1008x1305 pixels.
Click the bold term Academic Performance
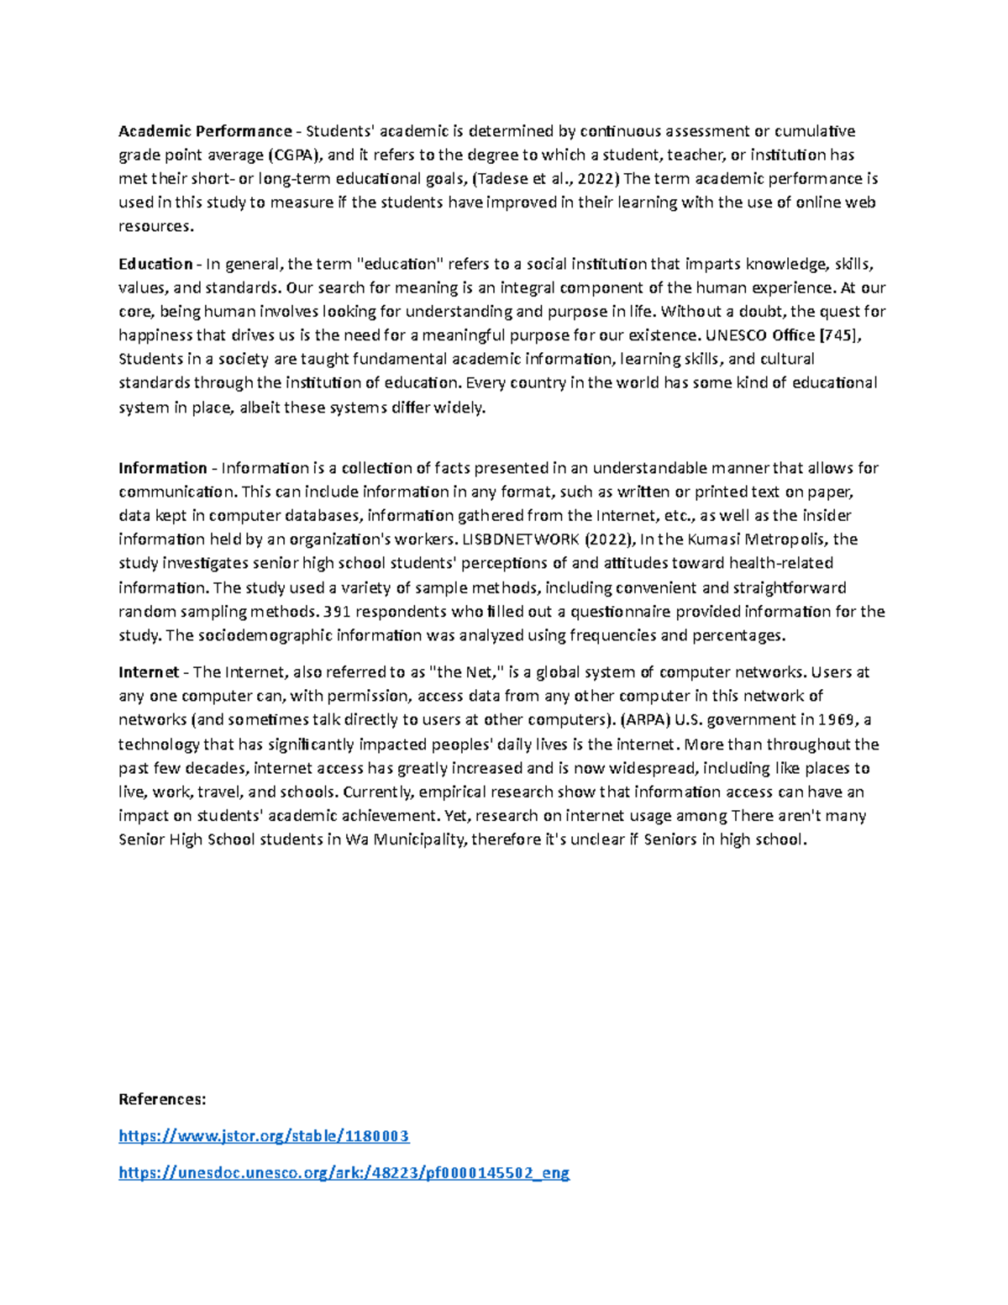[x=205, y=131]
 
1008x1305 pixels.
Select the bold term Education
[x=155, y=264]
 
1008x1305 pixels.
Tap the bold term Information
[x=163, y=468]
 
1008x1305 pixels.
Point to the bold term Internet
[x=149, y=672]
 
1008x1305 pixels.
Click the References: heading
[x=162, y=1099]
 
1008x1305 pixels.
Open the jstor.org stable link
[x=264, y=1136]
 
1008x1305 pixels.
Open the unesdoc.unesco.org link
[x=344, y=1173]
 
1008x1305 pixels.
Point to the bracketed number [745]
[x=840, y=335]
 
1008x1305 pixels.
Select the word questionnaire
[x=611, y=612]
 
